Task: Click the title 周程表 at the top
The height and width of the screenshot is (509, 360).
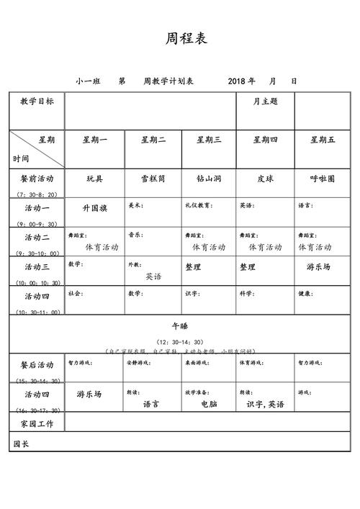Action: click(x=186, y=38)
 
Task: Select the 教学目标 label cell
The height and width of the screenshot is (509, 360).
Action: click(x=37, y=102)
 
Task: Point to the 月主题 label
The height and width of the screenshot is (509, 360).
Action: click(x=265, y=102)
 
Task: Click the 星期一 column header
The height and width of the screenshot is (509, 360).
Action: click(x=95, y=140)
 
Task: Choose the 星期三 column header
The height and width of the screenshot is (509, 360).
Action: click(x=209, y=140)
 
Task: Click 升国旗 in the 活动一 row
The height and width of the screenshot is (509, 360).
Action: click(x=95, y=209)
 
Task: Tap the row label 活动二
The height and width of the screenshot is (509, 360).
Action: click(x=37, y=238)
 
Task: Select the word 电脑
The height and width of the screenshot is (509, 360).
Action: click(x=209, y=405)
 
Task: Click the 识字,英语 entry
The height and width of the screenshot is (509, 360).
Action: click(x=265, y=405)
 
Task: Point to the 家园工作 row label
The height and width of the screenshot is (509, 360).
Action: click(x=37, y=423)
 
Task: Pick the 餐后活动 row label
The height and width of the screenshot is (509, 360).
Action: click(x=37, y=365)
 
